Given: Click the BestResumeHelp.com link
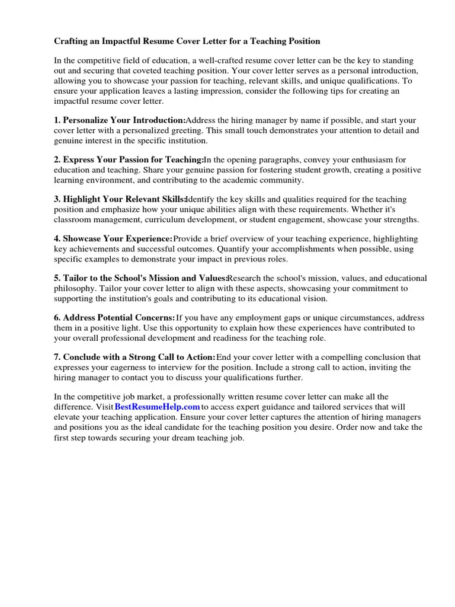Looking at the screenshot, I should click(157, 407).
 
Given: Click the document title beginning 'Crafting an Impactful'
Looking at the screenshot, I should click(187, 41).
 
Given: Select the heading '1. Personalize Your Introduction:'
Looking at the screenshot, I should click(120, 120).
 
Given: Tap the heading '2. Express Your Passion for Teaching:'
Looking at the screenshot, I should click(129, 160).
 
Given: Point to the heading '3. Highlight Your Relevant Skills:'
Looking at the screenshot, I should click(120, 200).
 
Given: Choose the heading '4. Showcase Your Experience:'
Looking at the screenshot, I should click(113, 239).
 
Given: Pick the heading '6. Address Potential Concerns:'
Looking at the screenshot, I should click(114, 318).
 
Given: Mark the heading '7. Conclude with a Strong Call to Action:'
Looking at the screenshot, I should click(134, 357).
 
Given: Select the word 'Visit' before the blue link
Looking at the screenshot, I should click(104, 407).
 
